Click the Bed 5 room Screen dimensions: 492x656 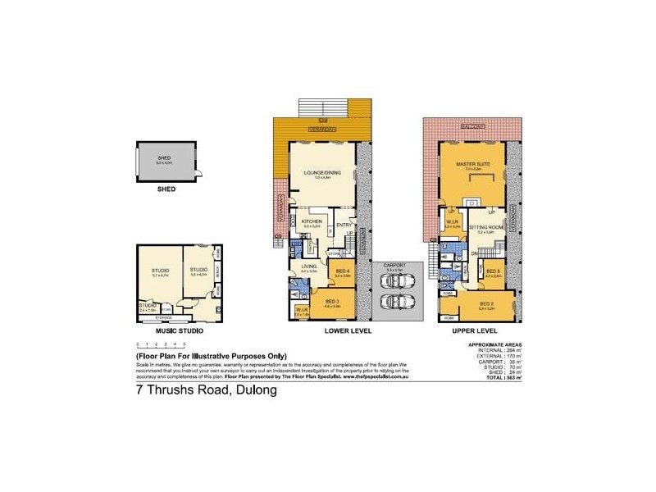[x=493, y=273]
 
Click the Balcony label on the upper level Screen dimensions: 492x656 [x=471, y=127]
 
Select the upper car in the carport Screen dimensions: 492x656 [x=396, y=281]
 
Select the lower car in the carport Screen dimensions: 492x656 [x=396, y=303]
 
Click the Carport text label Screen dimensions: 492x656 [x=395, y=266]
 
